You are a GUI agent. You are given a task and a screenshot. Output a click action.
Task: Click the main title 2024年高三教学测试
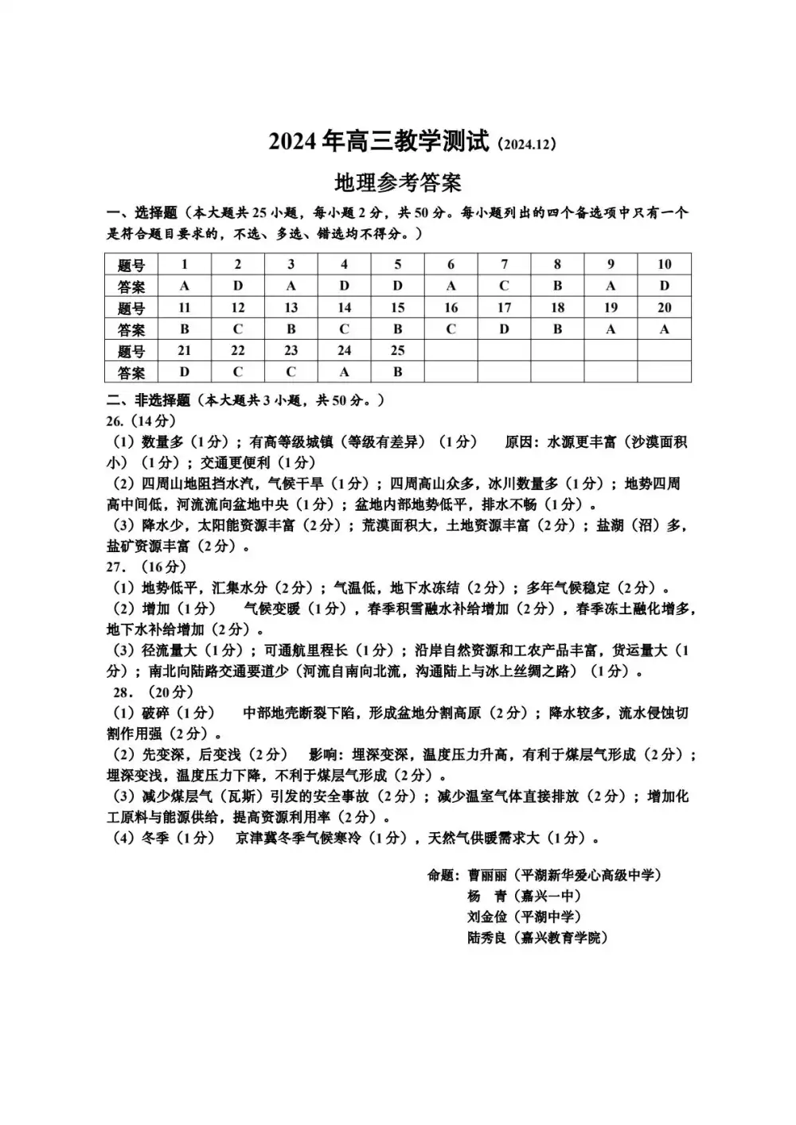click(378, 142)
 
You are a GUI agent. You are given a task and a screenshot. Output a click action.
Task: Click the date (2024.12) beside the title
click(525, 145)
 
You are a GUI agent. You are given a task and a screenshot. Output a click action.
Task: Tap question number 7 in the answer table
click(504, 265)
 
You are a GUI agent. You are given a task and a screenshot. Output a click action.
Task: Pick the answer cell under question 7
click(504, 286)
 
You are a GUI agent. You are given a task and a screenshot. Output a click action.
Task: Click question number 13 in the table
click(291, 308)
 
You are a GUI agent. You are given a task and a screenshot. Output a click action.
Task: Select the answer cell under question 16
click(451, 329)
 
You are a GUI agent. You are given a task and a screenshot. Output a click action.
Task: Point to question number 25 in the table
click(397, 351)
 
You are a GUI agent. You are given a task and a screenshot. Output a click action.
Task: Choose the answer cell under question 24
click(344, 372)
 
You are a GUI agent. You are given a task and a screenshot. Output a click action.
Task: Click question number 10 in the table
click(664, 265)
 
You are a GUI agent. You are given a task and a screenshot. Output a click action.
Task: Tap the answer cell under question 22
click(237, 372)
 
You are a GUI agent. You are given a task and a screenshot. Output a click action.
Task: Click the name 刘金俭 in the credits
click(487, 917)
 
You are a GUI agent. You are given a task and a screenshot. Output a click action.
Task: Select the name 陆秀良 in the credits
click(487, 938)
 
